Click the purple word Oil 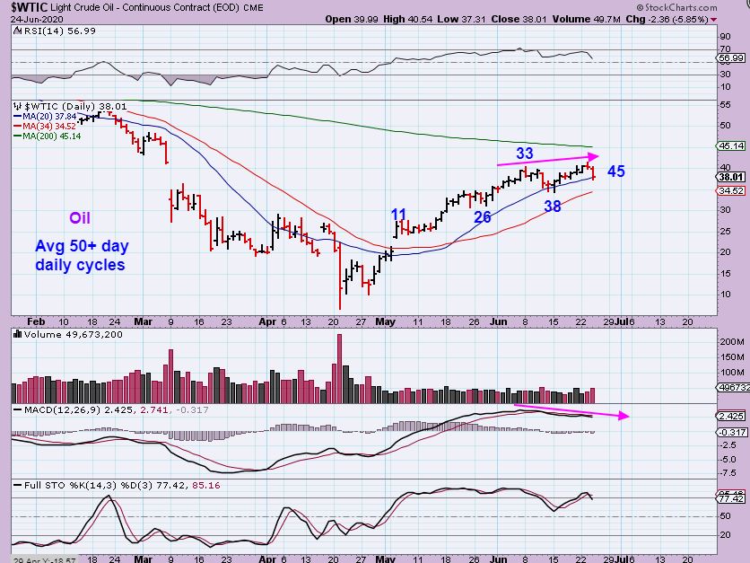coord(80,218)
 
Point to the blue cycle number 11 coord(399,214)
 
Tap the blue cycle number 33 coord(525,154)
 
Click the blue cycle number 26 coord(482,216)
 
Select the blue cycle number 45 coord(616,172)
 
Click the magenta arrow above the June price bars coord(546,160)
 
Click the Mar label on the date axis coord(144,319)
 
